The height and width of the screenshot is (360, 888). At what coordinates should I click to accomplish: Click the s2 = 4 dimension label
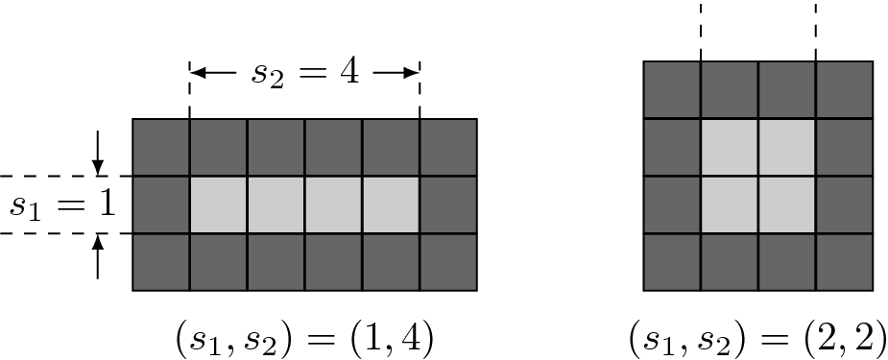pos(304,74)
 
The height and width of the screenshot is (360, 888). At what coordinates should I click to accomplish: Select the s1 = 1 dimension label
pos(61,205)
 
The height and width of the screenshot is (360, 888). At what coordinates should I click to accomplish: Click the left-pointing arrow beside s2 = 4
pos(213,73)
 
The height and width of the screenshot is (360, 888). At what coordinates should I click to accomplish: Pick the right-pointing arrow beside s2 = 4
pos(396,73)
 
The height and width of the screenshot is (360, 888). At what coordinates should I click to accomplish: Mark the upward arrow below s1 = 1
pos(98,256)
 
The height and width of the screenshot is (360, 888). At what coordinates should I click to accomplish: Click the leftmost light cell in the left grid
pos(218,205)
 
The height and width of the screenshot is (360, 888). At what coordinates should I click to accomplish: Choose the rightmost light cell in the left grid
pos(391,205)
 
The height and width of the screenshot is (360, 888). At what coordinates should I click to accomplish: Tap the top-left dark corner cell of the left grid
pos(160,147)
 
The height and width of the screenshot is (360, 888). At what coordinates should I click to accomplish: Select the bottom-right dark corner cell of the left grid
pos(448,262)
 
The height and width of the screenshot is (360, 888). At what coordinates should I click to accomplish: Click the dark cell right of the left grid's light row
pos(448,205)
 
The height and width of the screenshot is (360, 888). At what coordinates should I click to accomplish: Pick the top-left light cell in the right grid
pos(730,148)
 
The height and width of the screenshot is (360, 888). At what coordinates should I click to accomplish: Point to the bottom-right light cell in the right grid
pos(786,205)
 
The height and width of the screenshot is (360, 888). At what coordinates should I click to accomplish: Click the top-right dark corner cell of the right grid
pos(844,90)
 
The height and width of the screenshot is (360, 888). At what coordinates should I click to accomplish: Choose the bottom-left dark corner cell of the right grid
pos(672,262)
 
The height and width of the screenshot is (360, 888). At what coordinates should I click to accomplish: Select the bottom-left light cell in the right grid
pos(730,205)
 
